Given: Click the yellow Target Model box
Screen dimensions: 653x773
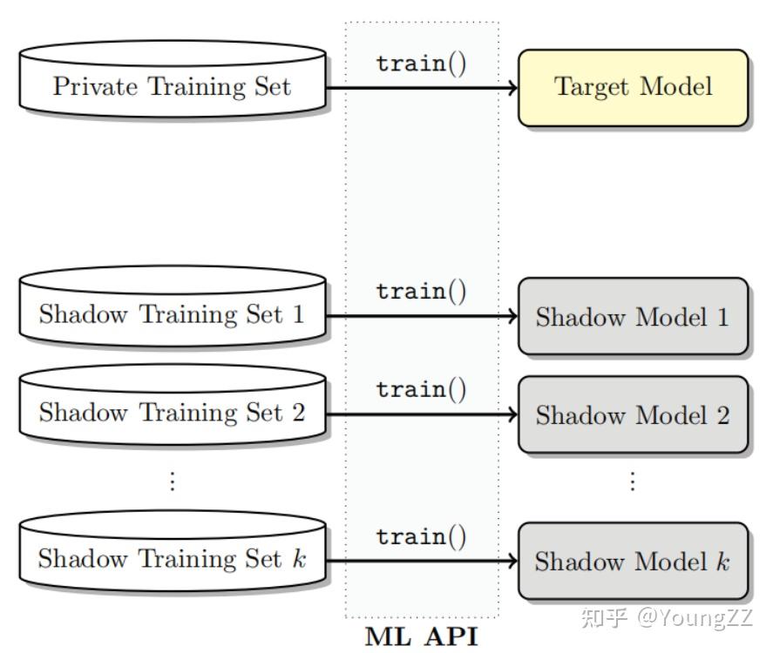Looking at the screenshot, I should pyautogui.click(x=634, y=87).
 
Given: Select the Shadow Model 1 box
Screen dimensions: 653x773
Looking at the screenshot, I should pyautogui.click(x=633, y=317).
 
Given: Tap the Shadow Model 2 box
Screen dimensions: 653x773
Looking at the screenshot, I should pyautogui.click(x=633, y=415).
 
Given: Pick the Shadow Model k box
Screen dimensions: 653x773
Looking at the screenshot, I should pyautogui.click(x=633, y=562).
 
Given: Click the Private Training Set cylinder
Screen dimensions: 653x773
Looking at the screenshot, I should pyautogui.click(x=173, y=85).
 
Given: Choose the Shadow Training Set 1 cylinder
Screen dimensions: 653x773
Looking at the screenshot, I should pyautogui.click(x=173, y=313).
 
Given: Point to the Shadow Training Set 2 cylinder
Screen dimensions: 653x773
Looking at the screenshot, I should pyautogui.click(x=173, y=411).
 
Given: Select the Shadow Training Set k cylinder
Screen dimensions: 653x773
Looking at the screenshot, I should pyautogui.click(x=173, y=558).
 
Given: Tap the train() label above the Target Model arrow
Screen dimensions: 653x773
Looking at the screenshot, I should pyautogui.click(x=422, y=64).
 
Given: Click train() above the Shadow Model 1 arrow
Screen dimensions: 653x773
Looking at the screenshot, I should pyautogui.click(x=422, y=292).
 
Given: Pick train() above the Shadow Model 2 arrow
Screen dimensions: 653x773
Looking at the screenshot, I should pyautogui.click(x=422, y=389).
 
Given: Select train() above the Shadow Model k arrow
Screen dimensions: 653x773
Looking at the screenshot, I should pyautogui.click(x=422, y=537).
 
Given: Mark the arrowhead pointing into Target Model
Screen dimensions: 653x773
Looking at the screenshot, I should pyautogui.click(x=512, y=87).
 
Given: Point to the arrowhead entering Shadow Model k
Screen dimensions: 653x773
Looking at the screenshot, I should pyautogui.click(x=512, y=562).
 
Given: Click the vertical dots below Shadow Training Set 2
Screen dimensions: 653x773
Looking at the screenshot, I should pyautogui.click(x=173, y=481).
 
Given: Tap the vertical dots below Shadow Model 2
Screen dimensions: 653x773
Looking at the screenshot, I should pyautogui.click(x=633, y=481).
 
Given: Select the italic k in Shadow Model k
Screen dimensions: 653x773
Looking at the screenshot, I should pyautogui.click(x=722, y=562).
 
